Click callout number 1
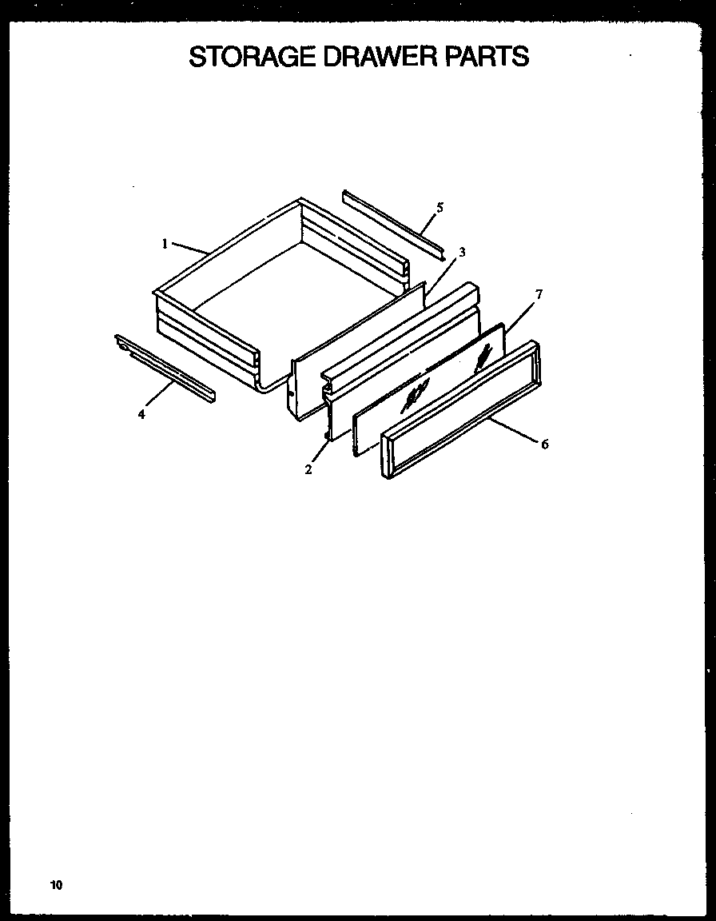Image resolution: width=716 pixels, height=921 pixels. (165, 244)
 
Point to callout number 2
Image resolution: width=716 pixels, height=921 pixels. (308, 469)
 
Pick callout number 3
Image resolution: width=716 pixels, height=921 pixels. (462, 252)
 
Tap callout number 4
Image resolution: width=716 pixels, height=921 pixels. (141, 414)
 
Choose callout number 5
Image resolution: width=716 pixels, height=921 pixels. (440, 208)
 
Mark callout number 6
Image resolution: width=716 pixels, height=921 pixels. (544, 445)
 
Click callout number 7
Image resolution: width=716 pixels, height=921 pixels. (539, 294)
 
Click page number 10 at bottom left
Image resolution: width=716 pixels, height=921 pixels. (55, 884)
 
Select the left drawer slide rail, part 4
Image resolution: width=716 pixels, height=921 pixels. (164, 367)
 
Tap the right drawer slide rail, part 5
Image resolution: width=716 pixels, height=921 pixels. (393, 224)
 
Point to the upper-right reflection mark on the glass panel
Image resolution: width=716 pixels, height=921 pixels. (482, 357)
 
